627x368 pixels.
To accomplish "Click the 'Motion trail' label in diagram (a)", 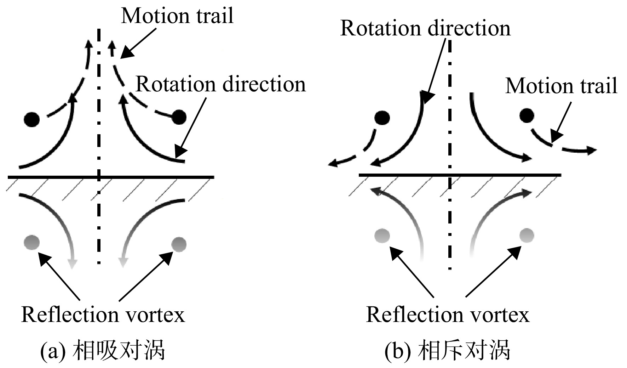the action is pyautogui.click(x=177, y=16).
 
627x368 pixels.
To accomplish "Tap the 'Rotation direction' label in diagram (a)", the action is pyautogui.click(x=221, y=84).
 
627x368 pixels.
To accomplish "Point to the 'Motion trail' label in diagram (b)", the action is pyautogui.click(x=561, y=86).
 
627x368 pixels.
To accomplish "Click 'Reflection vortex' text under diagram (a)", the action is pyautogui.click(x=103, y=314).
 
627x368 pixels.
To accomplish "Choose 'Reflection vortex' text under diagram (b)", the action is pyautogui.click(x=448, y=314).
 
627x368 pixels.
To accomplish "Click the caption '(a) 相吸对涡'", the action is pyautogui.click(x=103, y=351).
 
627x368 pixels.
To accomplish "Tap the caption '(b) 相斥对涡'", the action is pyautogui.click(x=448, y=351).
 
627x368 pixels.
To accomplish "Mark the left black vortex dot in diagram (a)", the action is pyautogui.click(x=32, y=119).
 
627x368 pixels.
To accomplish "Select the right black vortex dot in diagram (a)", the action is pyautogui.click(x=179, y=117).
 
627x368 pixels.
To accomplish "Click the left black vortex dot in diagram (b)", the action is pyautogui.click(x=382, y=118).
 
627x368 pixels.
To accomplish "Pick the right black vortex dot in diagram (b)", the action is pyautogui.click(x=527, y=115).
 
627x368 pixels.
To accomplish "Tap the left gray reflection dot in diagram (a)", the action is pyautogui.click(x=32, y=243).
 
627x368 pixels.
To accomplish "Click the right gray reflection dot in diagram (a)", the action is pyautogui.click(x=179, y=244).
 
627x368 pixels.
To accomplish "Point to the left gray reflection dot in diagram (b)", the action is pyautogui.click(x=382, y=236).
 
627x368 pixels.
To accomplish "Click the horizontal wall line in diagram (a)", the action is pyautogui.click(x=111, y=176).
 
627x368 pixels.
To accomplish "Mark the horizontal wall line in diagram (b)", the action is pyautogui.click(x=460, y=175).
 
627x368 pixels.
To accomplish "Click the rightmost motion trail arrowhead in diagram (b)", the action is pyautogui.click(x=591, y=150).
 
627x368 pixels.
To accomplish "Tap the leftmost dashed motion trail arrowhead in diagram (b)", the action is pyautogui.click(x=333, y=163).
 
